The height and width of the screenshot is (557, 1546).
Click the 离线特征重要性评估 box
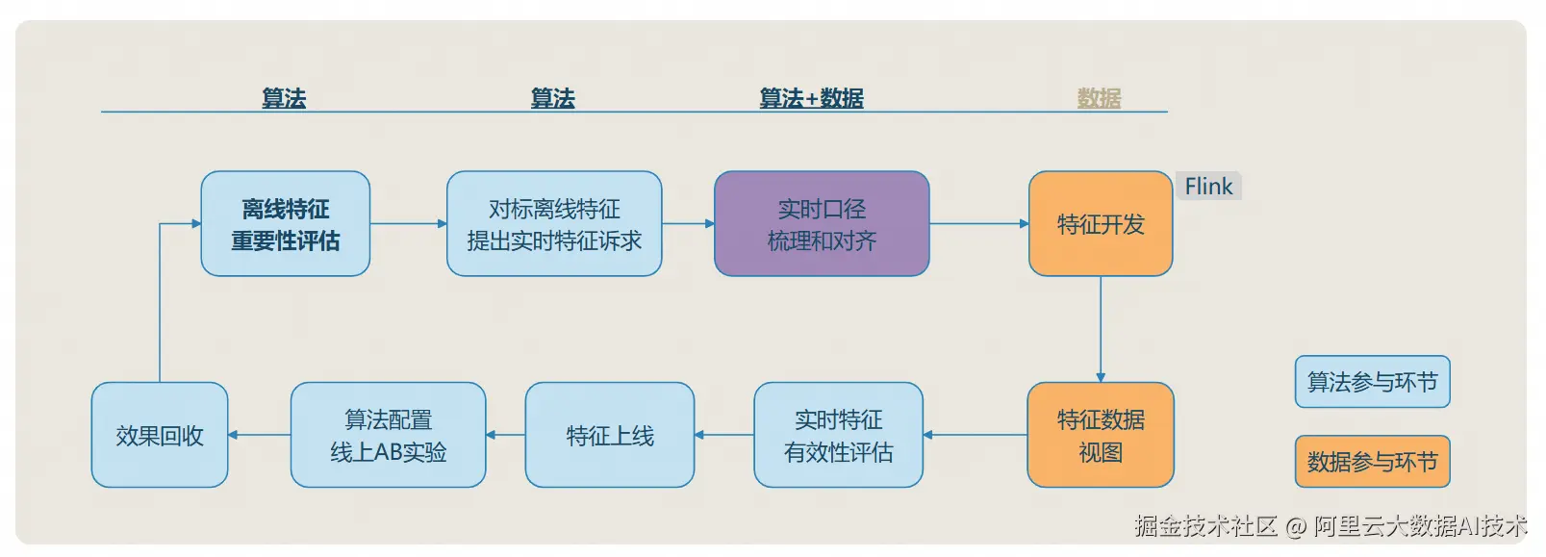(285, 224)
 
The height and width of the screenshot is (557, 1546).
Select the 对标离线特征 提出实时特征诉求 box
(553, 224)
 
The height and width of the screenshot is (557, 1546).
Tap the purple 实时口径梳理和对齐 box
(822, 224)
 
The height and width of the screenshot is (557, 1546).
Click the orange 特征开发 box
(1101, 224)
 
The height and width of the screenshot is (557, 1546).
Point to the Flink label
(1208, 187)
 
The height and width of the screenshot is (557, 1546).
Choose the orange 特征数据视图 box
(1101, 435)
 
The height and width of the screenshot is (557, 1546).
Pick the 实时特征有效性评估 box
(838, 435)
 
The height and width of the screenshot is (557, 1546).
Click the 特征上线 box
(609, 435)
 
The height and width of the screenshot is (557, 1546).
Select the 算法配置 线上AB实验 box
(388, 435)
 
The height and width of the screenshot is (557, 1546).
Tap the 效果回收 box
(160, 435)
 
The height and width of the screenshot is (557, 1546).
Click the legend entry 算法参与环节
(1372, 382)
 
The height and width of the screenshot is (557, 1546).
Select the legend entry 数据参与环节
(1372, 462)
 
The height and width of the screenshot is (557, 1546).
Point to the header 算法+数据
(811, 98)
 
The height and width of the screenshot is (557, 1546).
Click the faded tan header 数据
(1099, 98)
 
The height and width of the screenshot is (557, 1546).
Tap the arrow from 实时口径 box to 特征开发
(978, 224)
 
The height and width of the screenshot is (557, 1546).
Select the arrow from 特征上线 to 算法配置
(506, 435)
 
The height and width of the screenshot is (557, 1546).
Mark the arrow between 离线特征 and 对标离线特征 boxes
(408, 224)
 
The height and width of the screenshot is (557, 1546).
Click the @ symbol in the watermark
(1295, 526)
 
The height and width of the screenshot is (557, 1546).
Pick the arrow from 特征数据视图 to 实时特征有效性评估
(975, 435)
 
